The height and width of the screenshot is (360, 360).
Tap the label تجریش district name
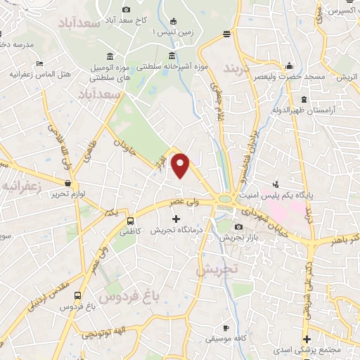pyautogui.click(x=217, y=268)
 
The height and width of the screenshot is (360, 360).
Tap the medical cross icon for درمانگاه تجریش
pyautogui.click(x=176, y=219)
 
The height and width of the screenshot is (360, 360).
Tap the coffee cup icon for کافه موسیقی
pyautogui.click(x=225, y=328)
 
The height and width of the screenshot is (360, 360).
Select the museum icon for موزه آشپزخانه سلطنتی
pyautogui.click(x=171, y=56)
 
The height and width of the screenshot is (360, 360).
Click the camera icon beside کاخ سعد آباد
pyautogui.click(x=126, y=9)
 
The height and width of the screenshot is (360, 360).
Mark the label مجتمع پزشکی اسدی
pyautogui.click(x=328, y=350)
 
